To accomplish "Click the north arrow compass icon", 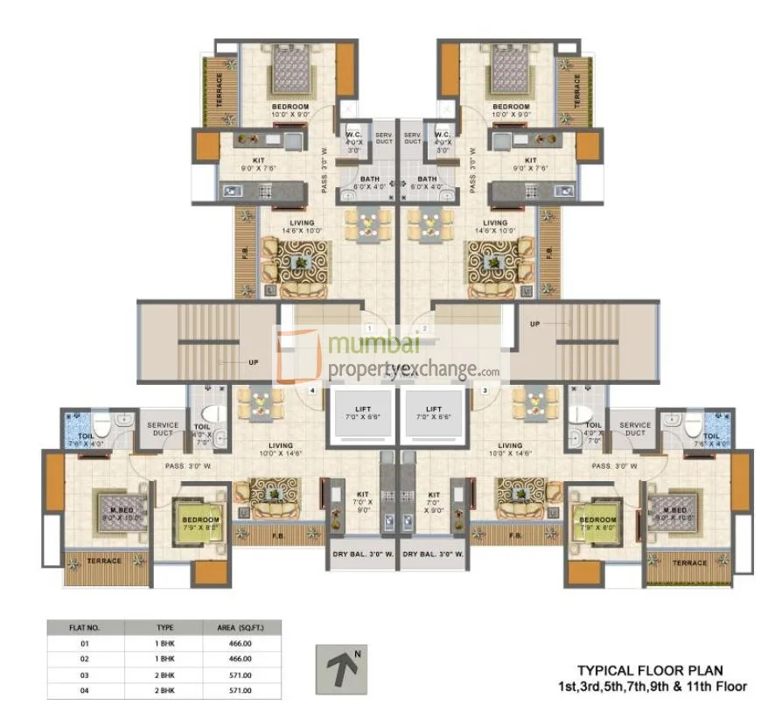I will click(341, 670).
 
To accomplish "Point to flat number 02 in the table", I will click(86, 659).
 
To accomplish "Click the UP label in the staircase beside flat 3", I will click(534, 323).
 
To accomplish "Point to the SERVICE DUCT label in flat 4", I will click(162, 430).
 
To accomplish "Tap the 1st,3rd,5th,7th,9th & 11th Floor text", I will click(654, 687).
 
